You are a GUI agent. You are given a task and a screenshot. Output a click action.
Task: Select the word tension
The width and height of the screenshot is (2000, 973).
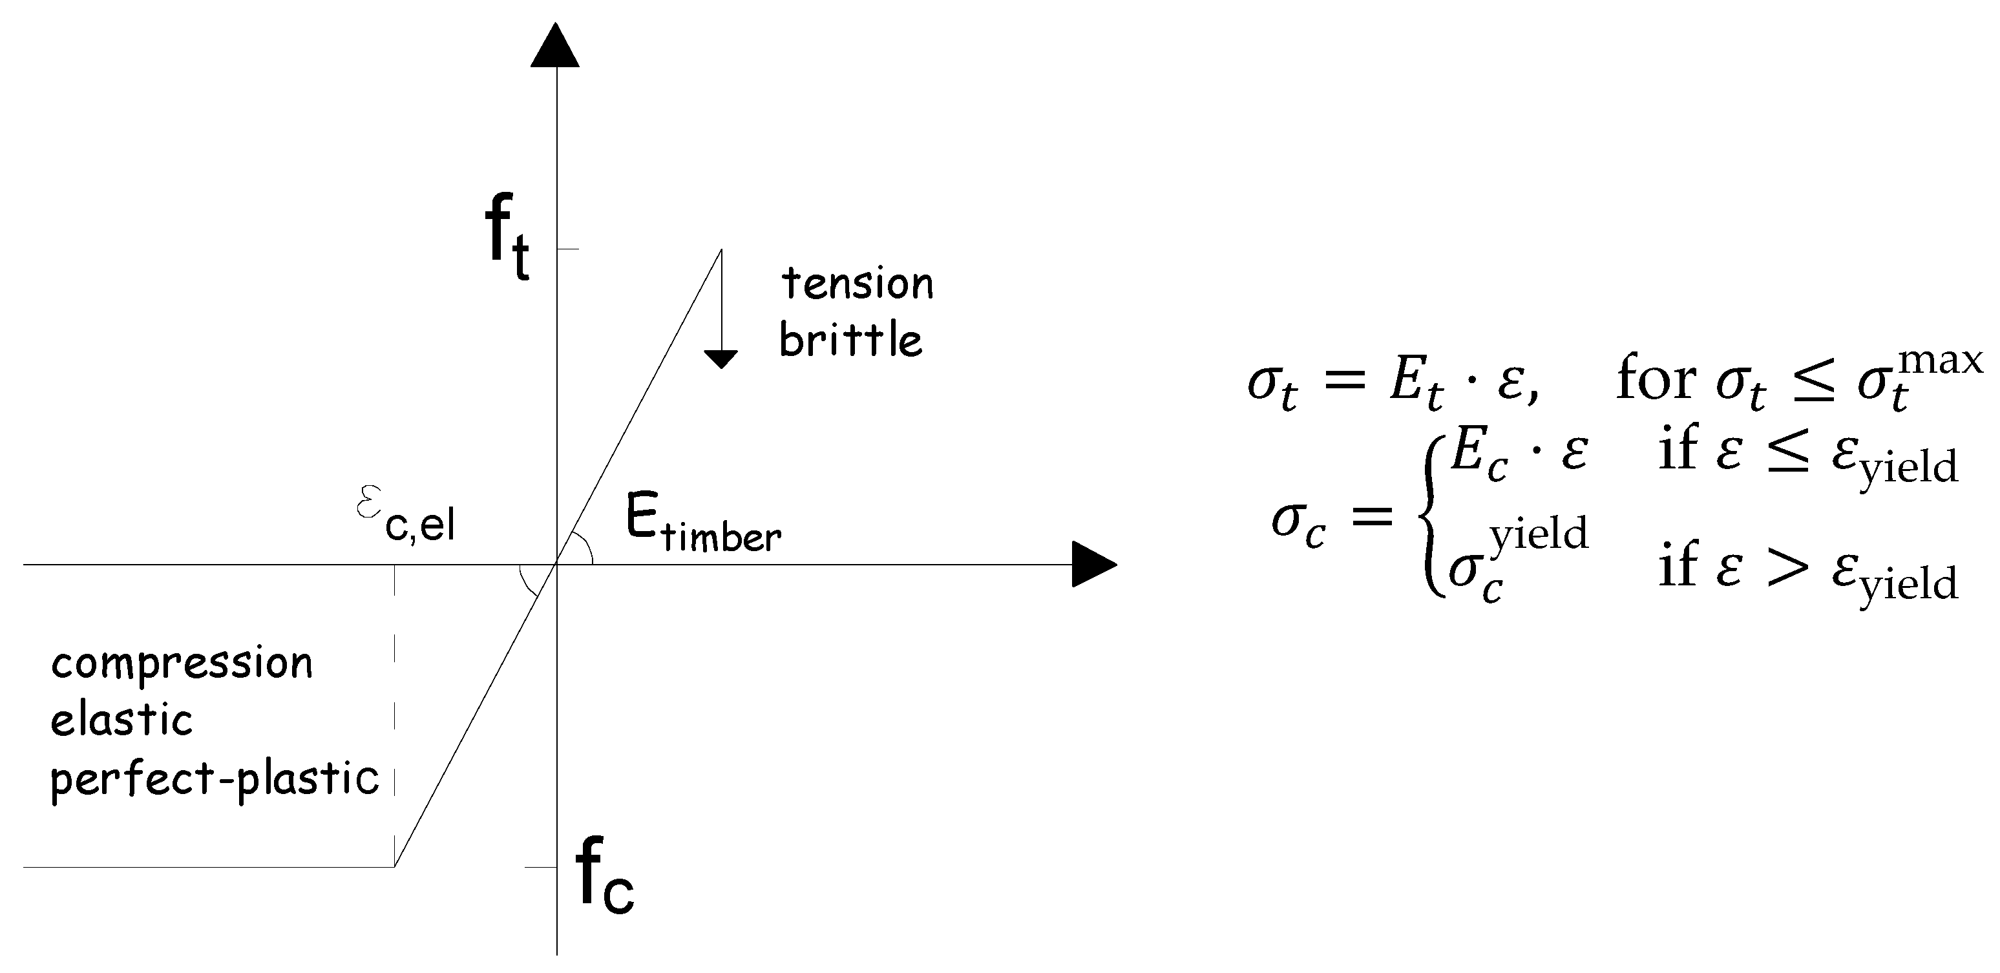pyautogui.click(x=857, y=284)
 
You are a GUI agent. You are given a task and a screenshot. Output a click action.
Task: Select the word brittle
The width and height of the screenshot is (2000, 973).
pyautogui.click(x=851, y=340)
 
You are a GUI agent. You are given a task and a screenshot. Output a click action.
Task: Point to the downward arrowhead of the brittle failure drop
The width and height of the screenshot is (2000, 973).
pyautogui.click(x=721, y=359)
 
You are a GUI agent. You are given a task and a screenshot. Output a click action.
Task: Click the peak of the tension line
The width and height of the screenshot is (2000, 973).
pyautogui.click(x=721, y=249)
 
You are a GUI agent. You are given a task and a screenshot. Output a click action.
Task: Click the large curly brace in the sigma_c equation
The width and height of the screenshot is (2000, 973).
pyautogui.click(x=1431, y=516)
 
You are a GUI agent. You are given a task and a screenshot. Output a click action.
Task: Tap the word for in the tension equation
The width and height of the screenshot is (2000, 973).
pyautogui.click(x=1656, y=380)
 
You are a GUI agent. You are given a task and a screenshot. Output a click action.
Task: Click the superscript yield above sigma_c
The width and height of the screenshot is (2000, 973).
pyautogui.click(x=1538, y=534)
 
